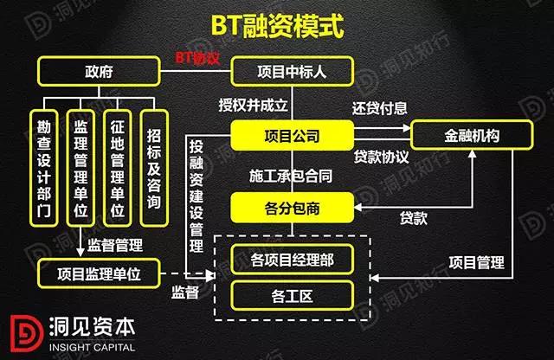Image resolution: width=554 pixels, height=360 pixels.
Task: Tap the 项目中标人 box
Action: (x=292, y=72)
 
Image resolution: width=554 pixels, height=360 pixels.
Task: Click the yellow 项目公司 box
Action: (x=292, y=136)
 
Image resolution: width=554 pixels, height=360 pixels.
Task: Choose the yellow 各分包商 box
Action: (x=292, y=208)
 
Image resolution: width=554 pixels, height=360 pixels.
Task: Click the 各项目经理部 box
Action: (x=291, y=259)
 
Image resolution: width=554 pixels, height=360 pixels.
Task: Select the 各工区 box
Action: (x=291, y=296)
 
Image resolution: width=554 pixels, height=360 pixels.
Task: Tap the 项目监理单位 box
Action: (x=100, y=273)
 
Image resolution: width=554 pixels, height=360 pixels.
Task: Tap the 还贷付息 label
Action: (x=380, y=110)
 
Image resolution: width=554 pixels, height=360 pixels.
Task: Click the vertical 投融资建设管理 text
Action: (x=196, y=186)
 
